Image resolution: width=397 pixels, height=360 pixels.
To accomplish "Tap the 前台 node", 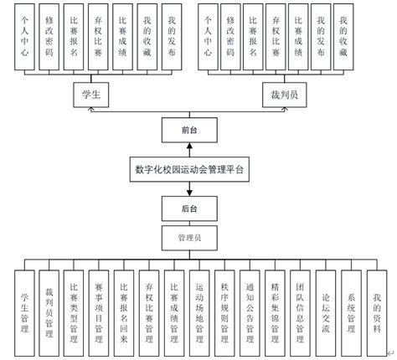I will click(x=189, y=131).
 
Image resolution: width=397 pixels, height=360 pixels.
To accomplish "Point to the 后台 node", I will click(x=189, y=207).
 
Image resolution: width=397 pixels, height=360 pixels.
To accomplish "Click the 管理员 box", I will click(x=189, y=238).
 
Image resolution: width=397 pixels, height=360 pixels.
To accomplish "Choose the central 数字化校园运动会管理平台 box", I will click(x=189, y=168).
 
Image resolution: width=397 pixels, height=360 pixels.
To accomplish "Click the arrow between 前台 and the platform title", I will click(x=189, y=149).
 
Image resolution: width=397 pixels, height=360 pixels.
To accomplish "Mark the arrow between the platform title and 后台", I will click(x=189, y=188).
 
